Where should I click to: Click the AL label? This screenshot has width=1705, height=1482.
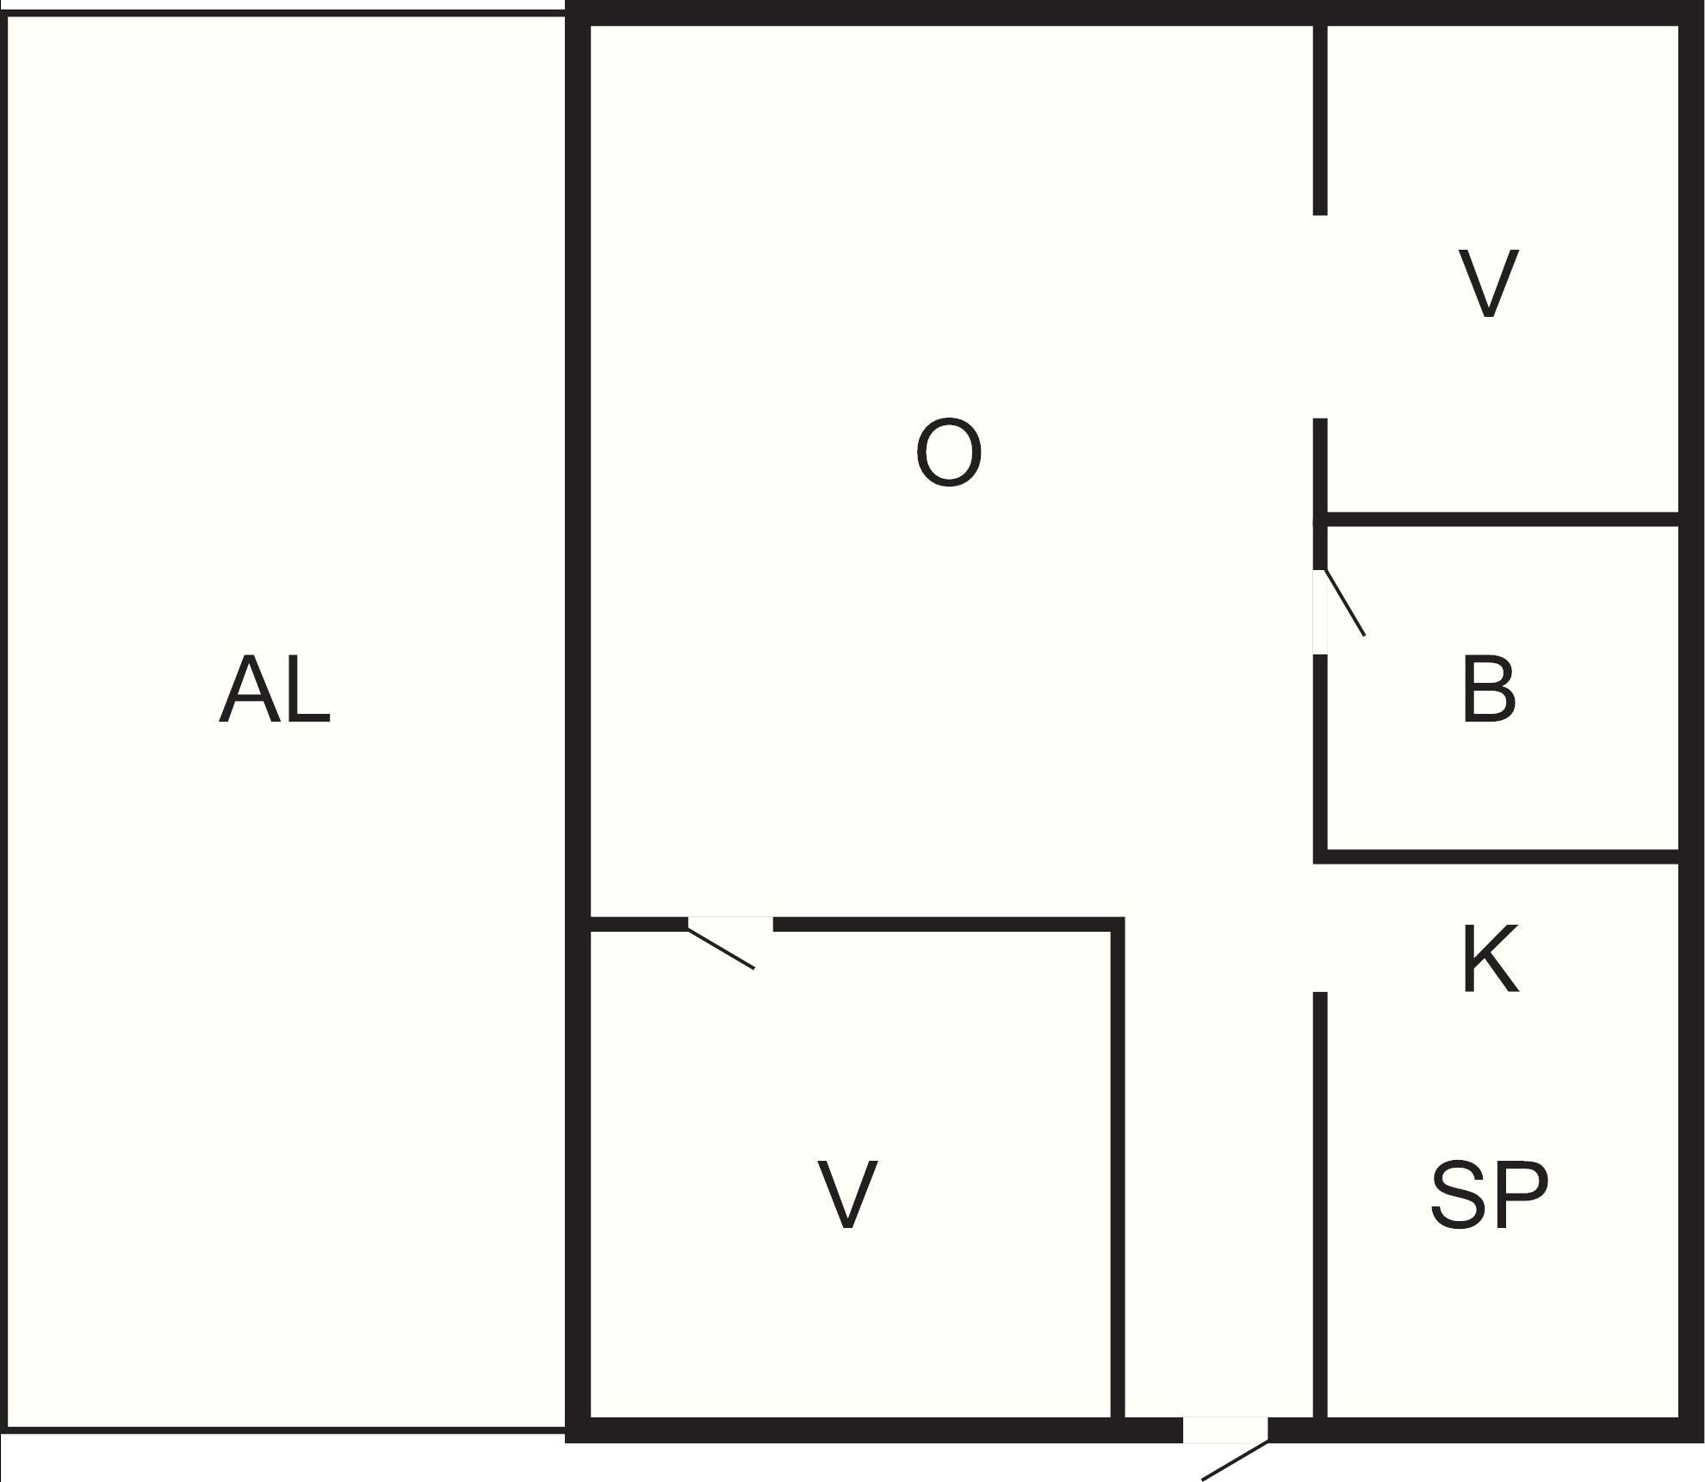[x=275, y=690]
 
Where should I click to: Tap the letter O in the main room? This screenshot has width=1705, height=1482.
[x=948, y=452]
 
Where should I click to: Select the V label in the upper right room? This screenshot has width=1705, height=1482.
[x=1489, y=283]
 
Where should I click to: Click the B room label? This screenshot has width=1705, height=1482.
[x=1489, y=689]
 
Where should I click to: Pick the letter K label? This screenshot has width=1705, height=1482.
[x=1491, y=959]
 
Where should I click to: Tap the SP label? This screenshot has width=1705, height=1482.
[x=1489, y=1194]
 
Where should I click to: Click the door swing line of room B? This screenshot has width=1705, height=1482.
[x=1344, y=602]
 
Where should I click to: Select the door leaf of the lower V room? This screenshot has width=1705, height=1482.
[x=721, y=947]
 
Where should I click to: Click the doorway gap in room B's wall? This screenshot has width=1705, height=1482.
[x=1319, y=611]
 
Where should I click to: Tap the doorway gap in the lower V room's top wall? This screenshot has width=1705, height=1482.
[x=730, y=924]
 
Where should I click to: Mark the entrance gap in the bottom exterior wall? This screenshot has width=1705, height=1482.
[x=1225, y=1429]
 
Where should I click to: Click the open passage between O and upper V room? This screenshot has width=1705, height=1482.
[x=1319, y=317]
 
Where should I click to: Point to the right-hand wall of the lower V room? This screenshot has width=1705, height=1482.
[x=1118, y=1171]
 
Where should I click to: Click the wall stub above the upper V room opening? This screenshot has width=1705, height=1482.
[x=1319, y=120]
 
